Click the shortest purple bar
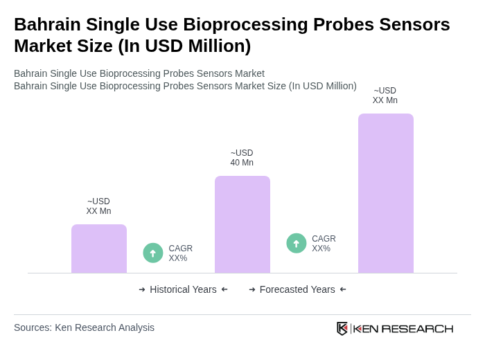pyautogui.click(x=99, y=249)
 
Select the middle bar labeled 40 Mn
pyautogui.click(x=242, y=224)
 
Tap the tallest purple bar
pyautogui.click(x=385, y=193)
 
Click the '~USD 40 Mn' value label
pyautogui.click(x=242, y=158)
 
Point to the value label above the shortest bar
pyautogui.click(x=98, y=206)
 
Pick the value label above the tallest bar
pyautogui.click(x=385, y=96)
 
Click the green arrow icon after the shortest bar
pyautogui.click(x=153, y=253)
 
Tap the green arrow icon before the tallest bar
pyautogui.click(x=297, y=244)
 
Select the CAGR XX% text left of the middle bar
pyautogui.click(x=180, y=253)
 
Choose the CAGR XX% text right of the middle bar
pyautogui.click(x=324, y=244)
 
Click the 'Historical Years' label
pyautogui.click(x=183, y=289)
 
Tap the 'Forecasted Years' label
pyautogui.click(x=297, y=289)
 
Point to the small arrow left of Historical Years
pyautogui.click(x=142, y=289)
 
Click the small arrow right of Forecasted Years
pyautogui.click(x=343, y=289)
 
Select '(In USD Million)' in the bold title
pyautogui.click(x=184, y=46)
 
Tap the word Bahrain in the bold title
pyautogui.click(x=46, y=24)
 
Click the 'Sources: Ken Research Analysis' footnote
pyautogui.click(x=84, y=327)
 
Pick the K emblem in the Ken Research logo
pyautogui.click(x=342, y=328)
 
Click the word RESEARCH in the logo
pyautogui.click(x=417, y=328)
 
